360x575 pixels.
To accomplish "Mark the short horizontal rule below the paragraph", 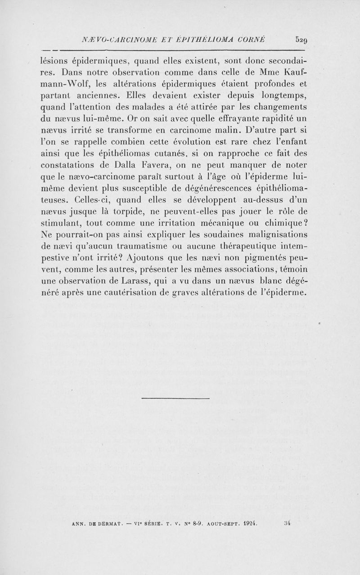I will click(175, 399).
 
